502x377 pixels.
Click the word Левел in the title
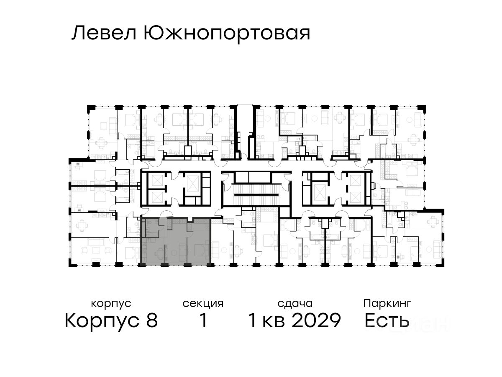pyautogui.click(x=105, y=34)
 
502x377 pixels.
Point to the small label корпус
pyautogui.click(x=111, y=303)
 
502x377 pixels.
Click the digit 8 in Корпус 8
pyautogui.click(x=151, y=321)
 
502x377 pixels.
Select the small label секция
pyautogui.click(x=203, y=303)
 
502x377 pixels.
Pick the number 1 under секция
pyautogui.click(x=203, y=321)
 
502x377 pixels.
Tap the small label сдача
pyautogui.click(x=295, y=303)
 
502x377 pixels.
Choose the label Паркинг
pyautogui.click(x=387, y=303)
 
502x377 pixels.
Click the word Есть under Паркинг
pyautogui.click(x=387, y=321)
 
